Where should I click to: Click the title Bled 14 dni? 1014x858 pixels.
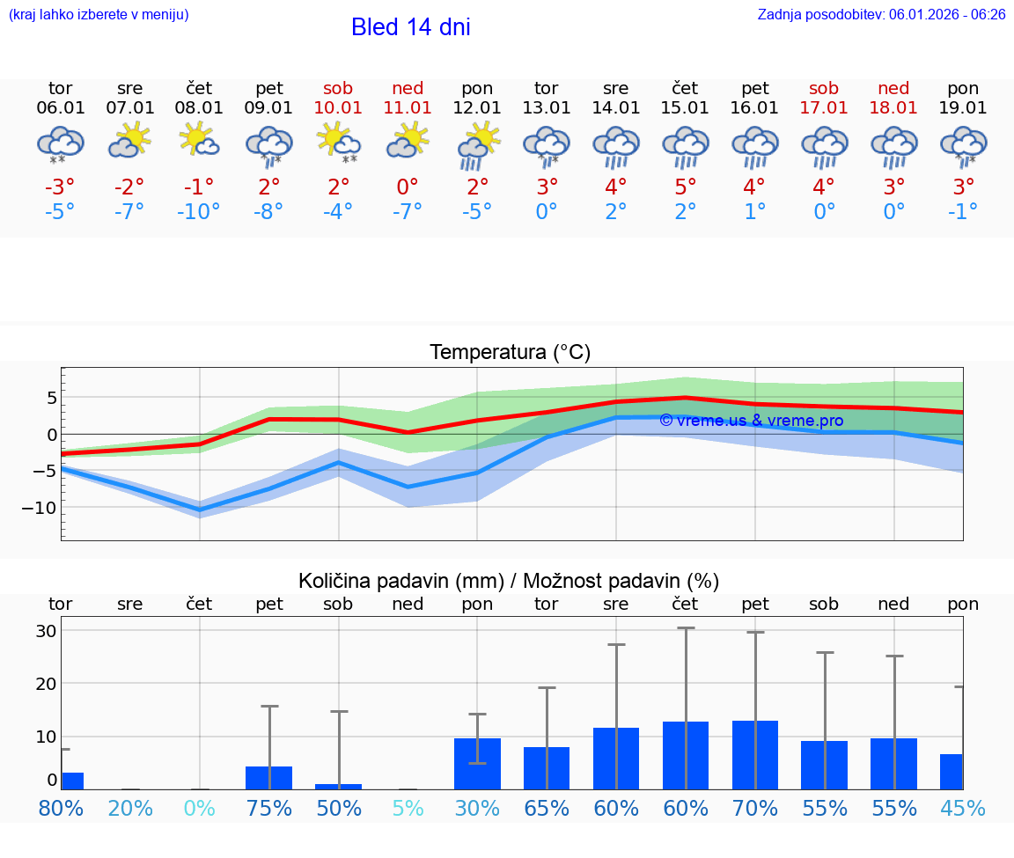tap(410, 27)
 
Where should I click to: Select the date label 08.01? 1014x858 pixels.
tap(199, 108)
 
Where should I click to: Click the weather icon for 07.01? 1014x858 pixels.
tap(129, 141)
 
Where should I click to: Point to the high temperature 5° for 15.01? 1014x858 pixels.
tap(685, 187)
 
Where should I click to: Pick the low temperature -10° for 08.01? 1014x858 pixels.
tap(199, 212)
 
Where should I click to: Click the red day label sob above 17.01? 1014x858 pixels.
tap(824, 89)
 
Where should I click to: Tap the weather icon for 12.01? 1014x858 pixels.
tap(477, 144)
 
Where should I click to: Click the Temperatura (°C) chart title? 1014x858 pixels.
tap(510, 353)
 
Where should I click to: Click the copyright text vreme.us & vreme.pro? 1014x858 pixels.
tap(751, 421)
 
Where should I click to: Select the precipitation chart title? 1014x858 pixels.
tap(509, 581)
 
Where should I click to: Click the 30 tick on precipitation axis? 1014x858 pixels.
tap(46, 631)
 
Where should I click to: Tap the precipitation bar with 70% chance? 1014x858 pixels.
tap(754, 755)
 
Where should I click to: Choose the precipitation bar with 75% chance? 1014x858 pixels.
tap(268, 778)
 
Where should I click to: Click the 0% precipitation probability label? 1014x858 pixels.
tap(199, 808)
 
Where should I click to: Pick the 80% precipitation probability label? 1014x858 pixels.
tap(60, 808)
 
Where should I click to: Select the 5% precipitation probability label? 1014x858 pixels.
tap(408, 808)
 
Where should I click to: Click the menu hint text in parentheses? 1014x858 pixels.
tap(98, 15)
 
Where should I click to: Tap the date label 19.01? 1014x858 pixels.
tap(963, 108)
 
